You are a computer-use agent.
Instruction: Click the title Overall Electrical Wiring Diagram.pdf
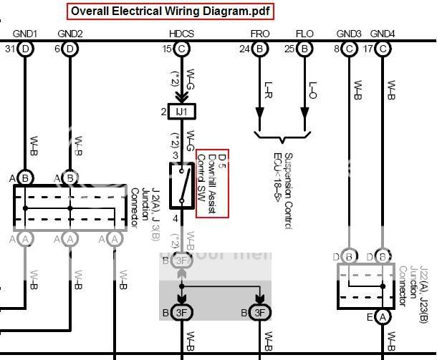[x=171, y=11]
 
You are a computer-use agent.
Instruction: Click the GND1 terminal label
[x=25, y=34]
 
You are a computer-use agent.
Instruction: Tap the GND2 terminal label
[x=69, y=34]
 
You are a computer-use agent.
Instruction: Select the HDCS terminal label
[x=181, y=34]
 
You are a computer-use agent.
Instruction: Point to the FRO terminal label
[x=260, y=34]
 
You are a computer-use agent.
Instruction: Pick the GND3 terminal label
[x=349, y=34]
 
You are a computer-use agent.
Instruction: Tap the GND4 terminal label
[x=383, y=34]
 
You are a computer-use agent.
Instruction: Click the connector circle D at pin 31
[x=26, y=49]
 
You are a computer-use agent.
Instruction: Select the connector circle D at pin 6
[x=69, y=49]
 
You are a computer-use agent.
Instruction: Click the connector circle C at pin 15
[x=182, y=49]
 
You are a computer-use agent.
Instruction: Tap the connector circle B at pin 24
[x=260, y=49]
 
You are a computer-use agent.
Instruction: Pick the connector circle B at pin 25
[x=304, y=49]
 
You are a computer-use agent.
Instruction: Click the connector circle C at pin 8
[x=349, y=49]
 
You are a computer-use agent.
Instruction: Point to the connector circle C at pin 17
[x=383, y=49]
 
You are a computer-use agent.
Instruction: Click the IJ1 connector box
[x=182, y=112]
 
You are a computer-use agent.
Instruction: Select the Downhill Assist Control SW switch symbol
[x=182, y=185]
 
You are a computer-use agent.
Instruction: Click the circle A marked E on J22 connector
[x=383, y=316]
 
